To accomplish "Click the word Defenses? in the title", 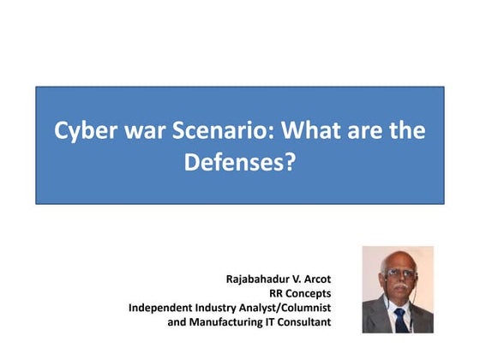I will (239, 161).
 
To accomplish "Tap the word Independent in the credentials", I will (163, 308).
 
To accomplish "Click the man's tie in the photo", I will (399, 319).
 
